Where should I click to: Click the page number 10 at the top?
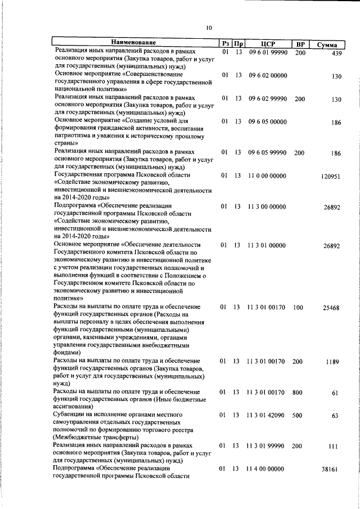(x=209, y=28)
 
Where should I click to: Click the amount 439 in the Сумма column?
(x=337, y=53)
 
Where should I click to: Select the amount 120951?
(x=331, y=177)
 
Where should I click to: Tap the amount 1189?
(x=332, y=362)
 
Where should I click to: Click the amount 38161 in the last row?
(x=332, y=470)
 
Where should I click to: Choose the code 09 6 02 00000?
(x=267, y=75)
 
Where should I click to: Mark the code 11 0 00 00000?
(x=267, y=175)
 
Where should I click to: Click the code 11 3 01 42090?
(x=266, y=415)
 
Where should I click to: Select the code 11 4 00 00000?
(x=266, y=469)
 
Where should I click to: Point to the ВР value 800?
(x=298, y=392)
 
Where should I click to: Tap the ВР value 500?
(x=298, y=415)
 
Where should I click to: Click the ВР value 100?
(x=298, y=308)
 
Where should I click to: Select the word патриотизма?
(x=73, y=136)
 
